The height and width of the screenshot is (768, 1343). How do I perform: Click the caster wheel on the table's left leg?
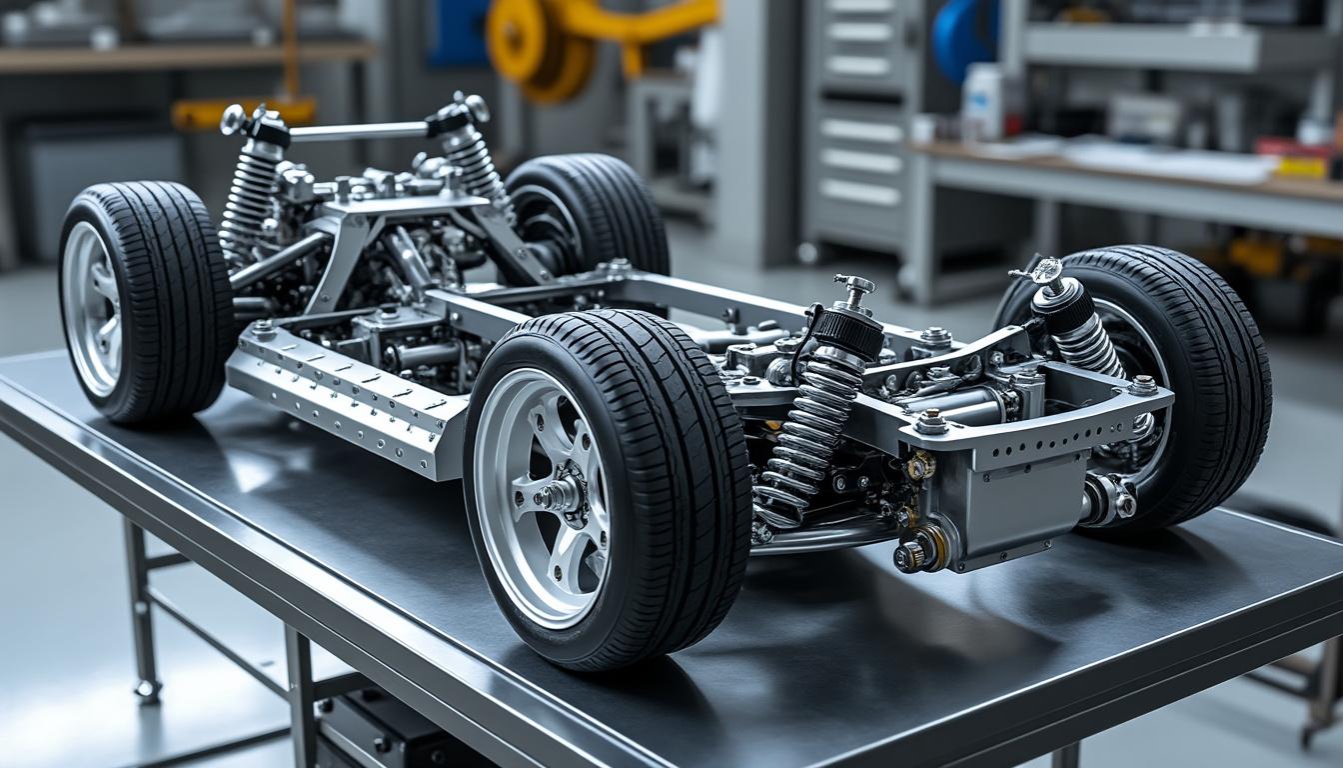coord(148,689)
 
